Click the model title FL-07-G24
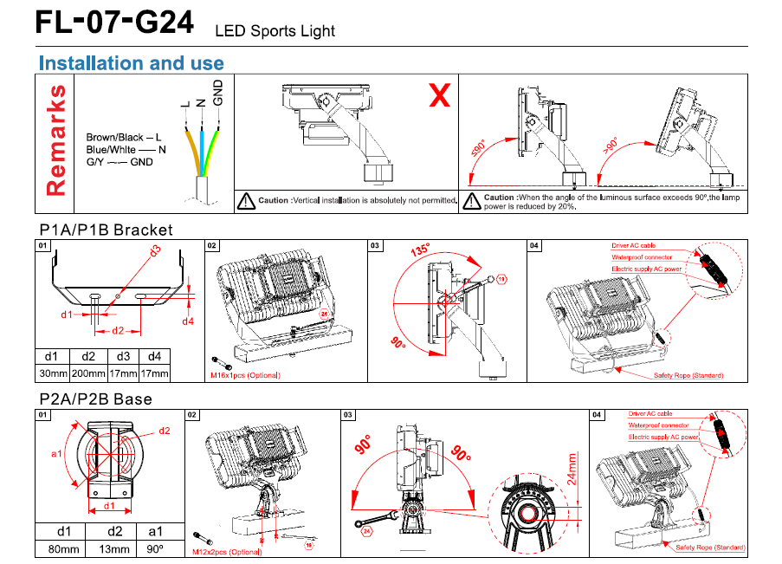pos(113,23)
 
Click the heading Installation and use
pos(132,63)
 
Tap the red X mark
pos(440,96)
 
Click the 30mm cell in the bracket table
pos(52,373)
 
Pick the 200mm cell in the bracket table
pos(88,373)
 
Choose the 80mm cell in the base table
pos(63,548)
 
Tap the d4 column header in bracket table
pos(154,355)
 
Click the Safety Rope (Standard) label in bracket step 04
pos(688,376)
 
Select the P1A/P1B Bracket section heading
pos(107,230)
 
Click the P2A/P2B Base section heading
pos(95,399)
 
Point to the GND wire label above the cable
pos(218,91)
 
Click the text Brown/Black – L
pos(124,138)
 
